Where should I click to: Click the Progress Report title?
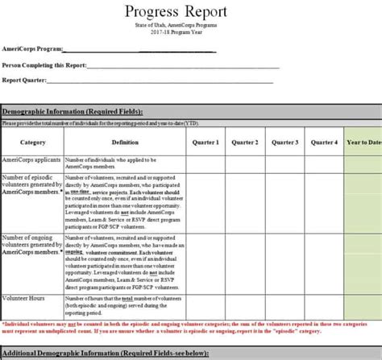(176, 11)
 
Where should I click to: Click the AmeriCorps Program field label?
(33, 49)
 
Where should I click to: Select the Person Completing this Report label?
(45, 64)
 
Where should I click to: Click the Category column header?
(32, 143)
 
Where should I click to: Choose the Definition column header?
(125, 143)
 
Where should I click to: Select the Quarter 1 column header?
(206, 143)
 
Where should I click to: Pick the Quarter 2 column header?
(245, 143)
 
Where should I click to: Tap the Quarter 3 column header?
(284, 143)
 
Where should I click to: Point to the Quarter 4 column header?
(324, 143)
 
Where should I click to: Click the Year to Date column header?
(363, 143)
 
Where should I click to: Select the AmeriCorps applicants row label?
(31, 160)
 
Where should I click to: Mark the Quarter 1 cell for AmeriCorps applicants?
(206, 163)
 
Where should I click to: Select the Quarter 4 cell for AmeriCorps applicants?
(324, 163)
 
